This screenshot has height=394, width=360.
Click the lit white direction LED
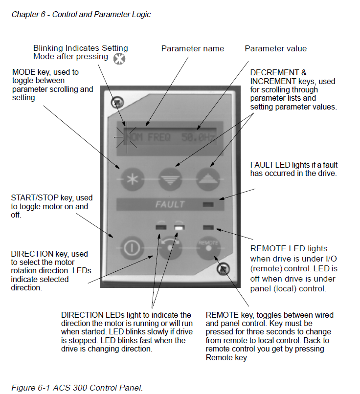[x=179, y=227]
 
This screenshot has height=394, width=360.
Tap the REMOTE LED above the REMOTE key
[x=208, y=227]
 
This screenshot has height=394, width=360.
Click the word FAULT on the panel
[x=170, y=204]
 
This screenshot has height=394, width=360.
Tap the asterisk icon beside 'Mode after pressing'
[x=119, y=59]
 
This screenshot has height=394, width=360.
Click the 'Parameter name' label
[x=193, y=48]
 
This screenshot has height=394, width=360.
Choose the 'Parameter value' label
[x=276, y=48]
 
